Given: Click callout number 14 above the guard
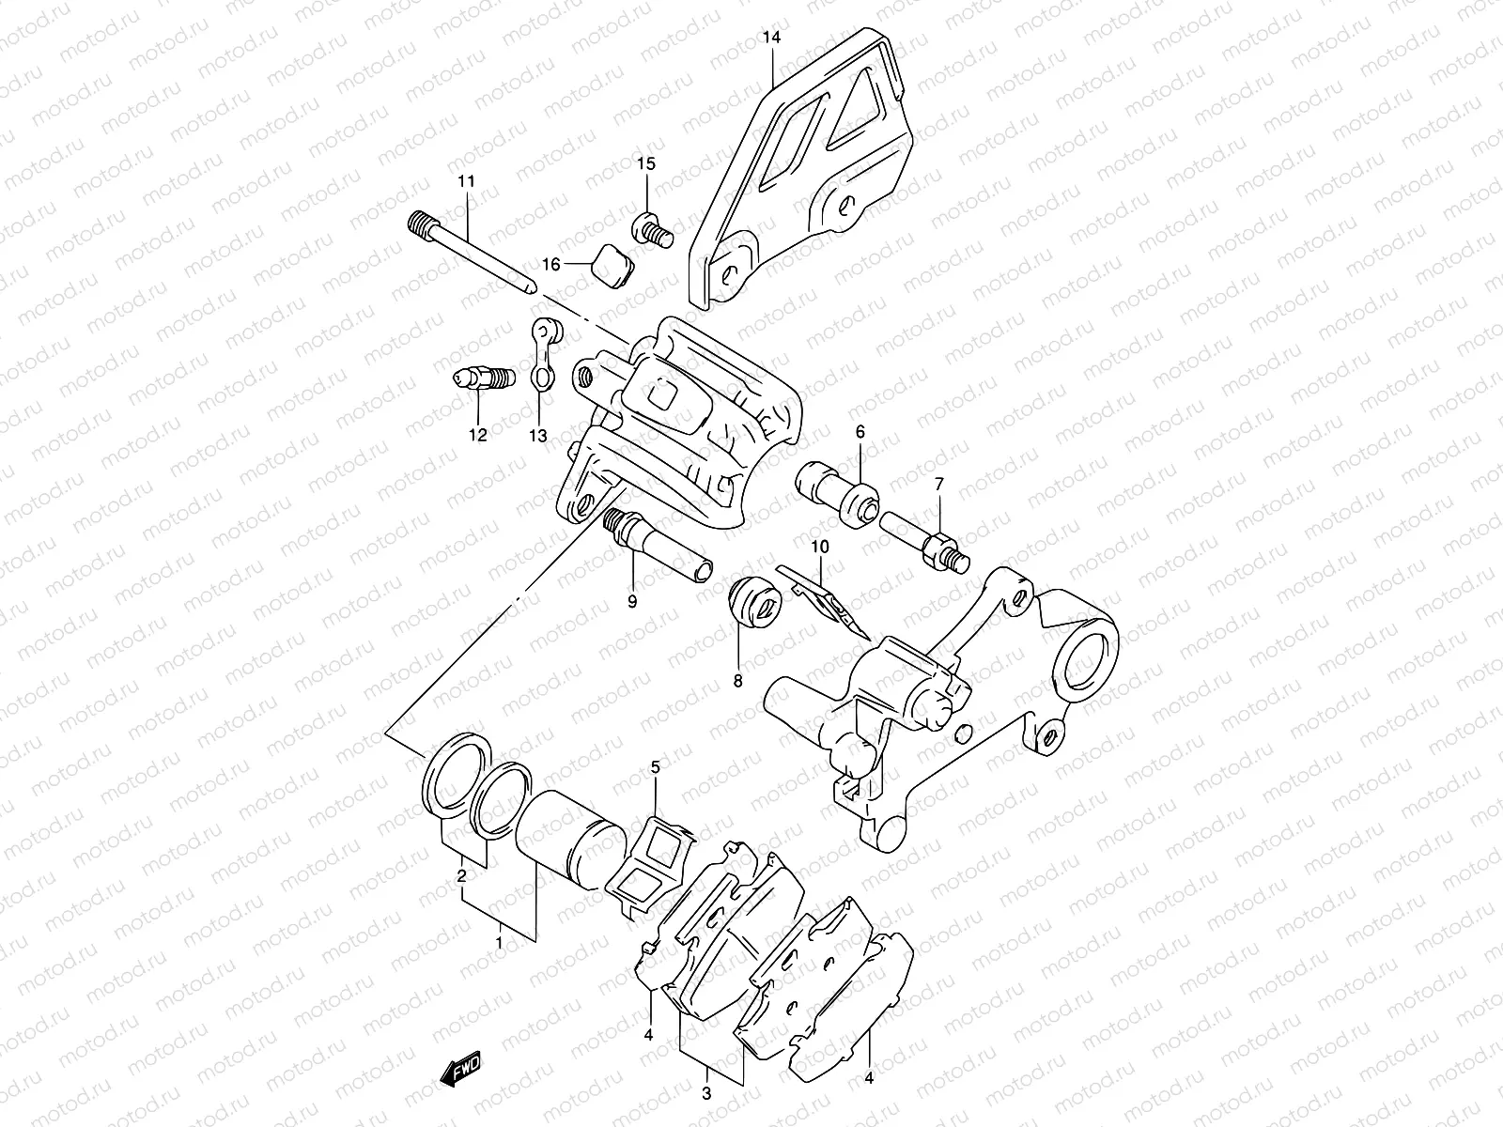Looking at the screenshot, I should click(x=772, y=38).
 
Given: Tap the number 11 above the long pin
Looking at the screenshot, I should click(x=465, y=180).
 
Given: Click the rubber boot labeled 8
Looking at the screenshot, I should click(x=752, y=602).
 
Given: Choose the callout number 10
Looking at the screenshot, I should click(x=820, y=546).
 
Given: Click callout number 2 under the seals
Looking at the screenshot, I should click(x=462, y=876).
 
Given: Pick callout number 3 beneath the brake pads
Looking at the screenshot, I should click(x=706, y=1093).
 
